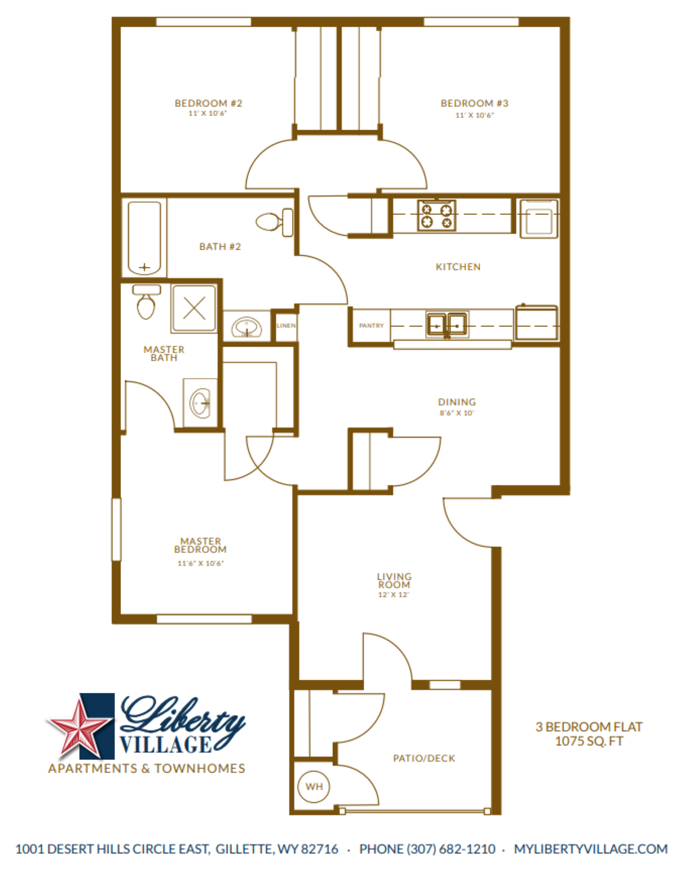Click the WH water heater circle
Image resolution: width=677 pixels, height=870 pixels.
point(314,786)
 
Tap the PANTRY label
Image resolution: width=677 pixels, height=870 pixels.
point(371,325)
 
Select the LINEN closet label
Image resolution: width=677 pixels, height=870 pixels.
point(286,325)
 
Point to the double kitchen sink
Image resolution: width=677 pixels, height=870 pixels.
point(447,324)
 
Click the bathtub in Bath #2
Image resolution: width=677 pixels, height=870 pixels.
point(144,238)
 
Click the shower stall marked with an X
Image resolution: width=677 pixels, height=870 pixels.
point(194,308)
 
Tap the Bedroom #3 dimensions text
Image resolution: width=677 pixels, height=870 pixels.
point(474,115)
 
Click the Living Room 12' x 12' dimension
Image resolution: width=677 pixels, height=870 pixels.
point(394,594)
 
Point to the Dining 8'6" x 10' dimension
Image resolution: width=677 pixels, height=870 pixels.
point(456,413)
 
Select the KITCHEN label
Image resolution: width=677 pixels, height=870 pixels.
point(458,267)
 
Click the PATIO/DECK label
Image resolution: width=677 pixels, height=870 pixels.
point(424,758)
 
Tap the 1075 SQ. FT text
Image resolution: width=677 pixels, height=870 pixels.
point(589,741)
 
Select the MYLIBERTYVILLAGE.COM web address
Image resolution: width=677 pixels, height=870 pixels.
point(591,849)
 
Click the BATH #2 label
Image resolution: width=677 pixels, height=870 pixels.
point(220,246)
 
